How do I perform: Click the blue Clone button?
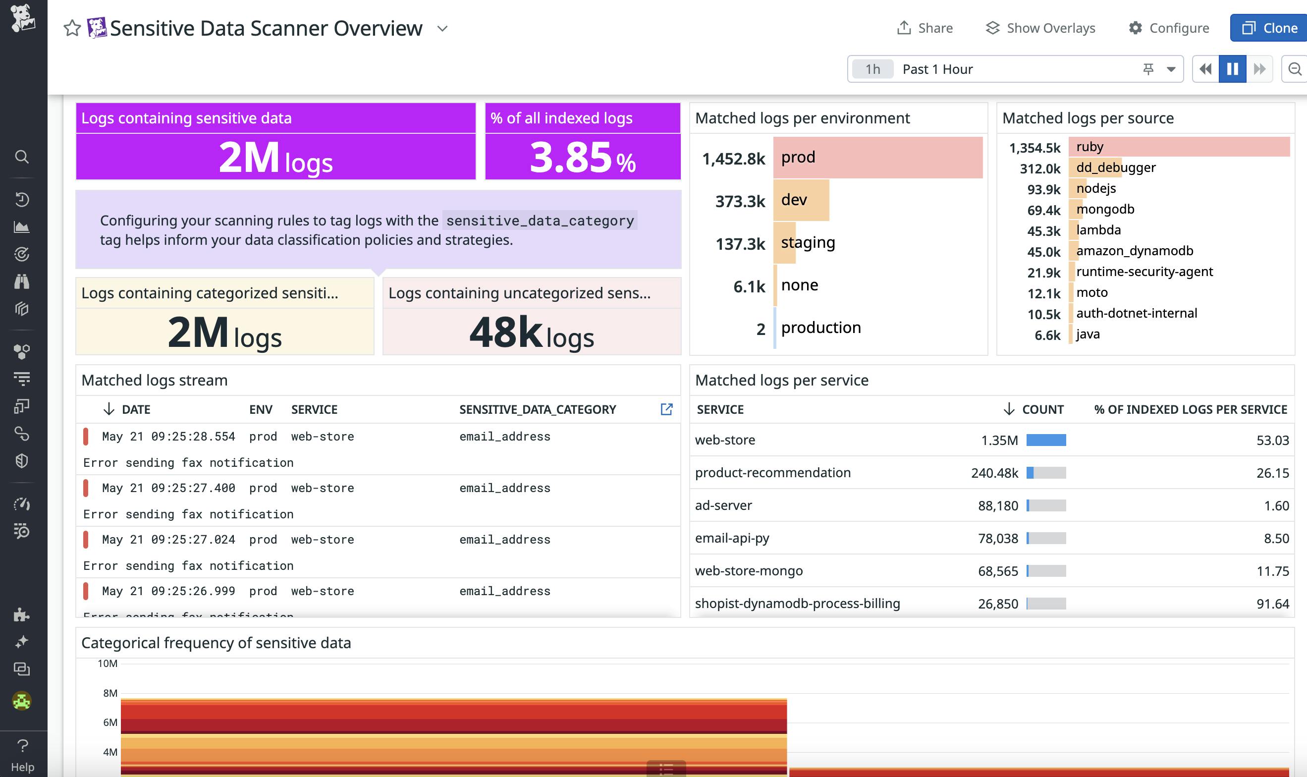tap(1269, 28)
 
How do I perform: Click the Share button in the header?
tap(925, 28)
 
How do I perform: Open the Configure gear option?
tap(1168, 28)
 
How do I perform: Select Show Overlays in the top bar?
tap(1040, 28)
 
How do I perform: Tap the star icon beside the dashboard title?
tap(72, 28)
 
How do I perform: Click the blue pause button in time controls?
tap(1232, 68)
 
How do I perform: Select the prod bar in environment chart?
tap(877, 157)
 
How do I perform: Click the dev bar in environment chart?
tap(801, 200)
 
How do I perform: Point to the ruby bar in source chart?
tap(1179, 147)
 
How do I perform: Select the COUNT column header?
tap(1042, 409)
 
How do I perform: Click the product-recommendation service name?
tap(772, 473)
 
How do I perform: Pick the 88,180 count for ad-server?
tap(998, 506)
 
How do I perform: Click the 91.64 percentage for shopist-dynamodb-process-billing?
tap(1272, 604)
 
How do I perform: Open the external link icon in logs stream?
tap(666, 409)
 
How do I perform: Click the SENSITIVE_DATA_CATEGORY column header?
tap(538, 409)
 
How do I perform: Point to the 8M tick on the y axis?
tap(110, 693)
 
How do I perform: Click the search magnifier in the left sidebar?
tap(21, 157)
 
